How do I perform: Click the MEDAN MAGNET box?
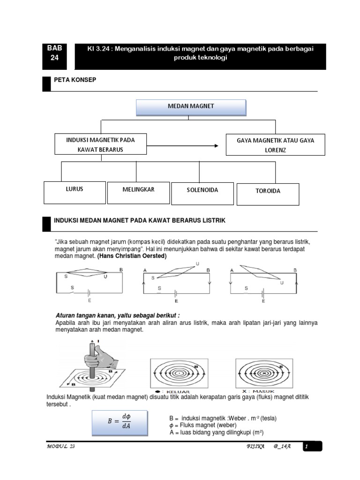coord(191,107)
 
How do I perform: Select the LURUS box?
coord(75,192)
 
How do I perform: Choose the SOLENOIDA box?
coord(202,193)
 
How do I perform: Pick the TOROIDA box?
coord(268,195)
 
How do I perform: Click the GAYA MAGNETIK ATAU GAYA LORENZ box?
coord(275,145)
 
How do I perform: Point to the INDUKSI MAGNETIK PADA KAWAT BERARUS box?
coord(101,144)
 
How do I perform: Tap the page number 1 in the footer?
coord(306,447)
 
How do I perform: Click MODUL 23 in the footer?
coord(61,447)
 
